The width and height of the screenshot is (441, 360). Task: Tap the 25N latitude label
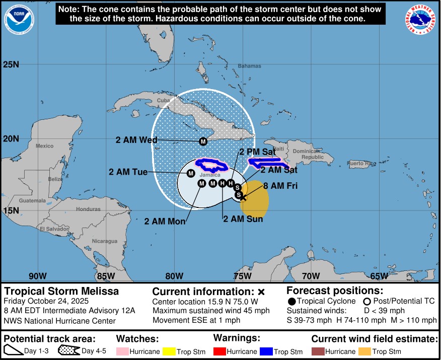pos(11,64)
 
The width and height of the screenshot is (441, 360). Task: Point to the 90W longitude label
pos(38,275)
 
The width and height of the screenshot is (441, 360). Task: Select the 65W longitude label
pos(379,275)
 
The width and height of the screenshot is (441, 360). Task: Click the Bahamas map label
pos(250,66)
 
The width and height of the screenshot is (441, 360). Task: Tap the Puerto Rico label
pos(361,163)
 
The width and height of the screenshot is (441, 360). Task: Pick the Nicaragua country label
pos(104,241)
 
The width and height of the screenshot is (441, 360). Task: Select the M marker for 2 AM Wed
pos(203,141)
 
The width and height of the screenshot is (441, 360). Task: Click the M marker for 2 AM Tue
pos(191,173)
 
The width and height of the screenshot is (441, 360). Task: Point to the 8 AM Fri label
pos(280,186)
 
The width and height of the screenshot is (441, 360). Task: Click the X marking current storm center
pos(243,197)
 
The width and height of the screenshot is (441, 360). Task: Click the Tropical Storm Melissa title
pos(61,292)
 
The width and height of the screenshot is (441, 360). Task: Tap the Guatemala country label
pos(33,200)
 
